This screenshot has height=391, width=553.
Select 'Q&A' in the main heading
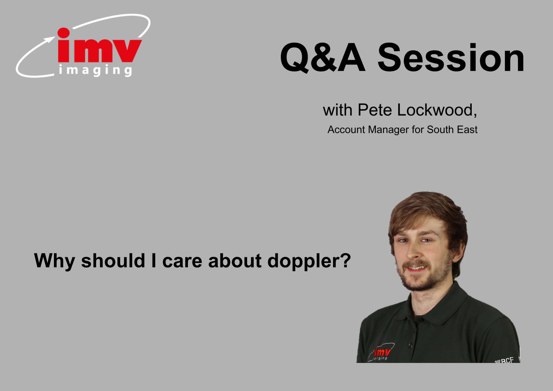(x=323, y=58)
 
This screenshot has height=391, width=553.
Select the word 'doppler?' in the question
(x=309, y=261)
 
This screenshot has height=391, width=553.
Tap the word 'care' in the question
(x=182, y=262)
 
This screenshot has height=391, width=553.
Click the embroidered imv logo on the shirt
(x=381, y=352)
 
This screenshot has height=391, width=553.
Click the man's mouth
(x=416, y=268)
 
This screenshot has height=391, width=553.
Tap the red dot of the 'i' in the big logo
(x=64, y=33)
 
